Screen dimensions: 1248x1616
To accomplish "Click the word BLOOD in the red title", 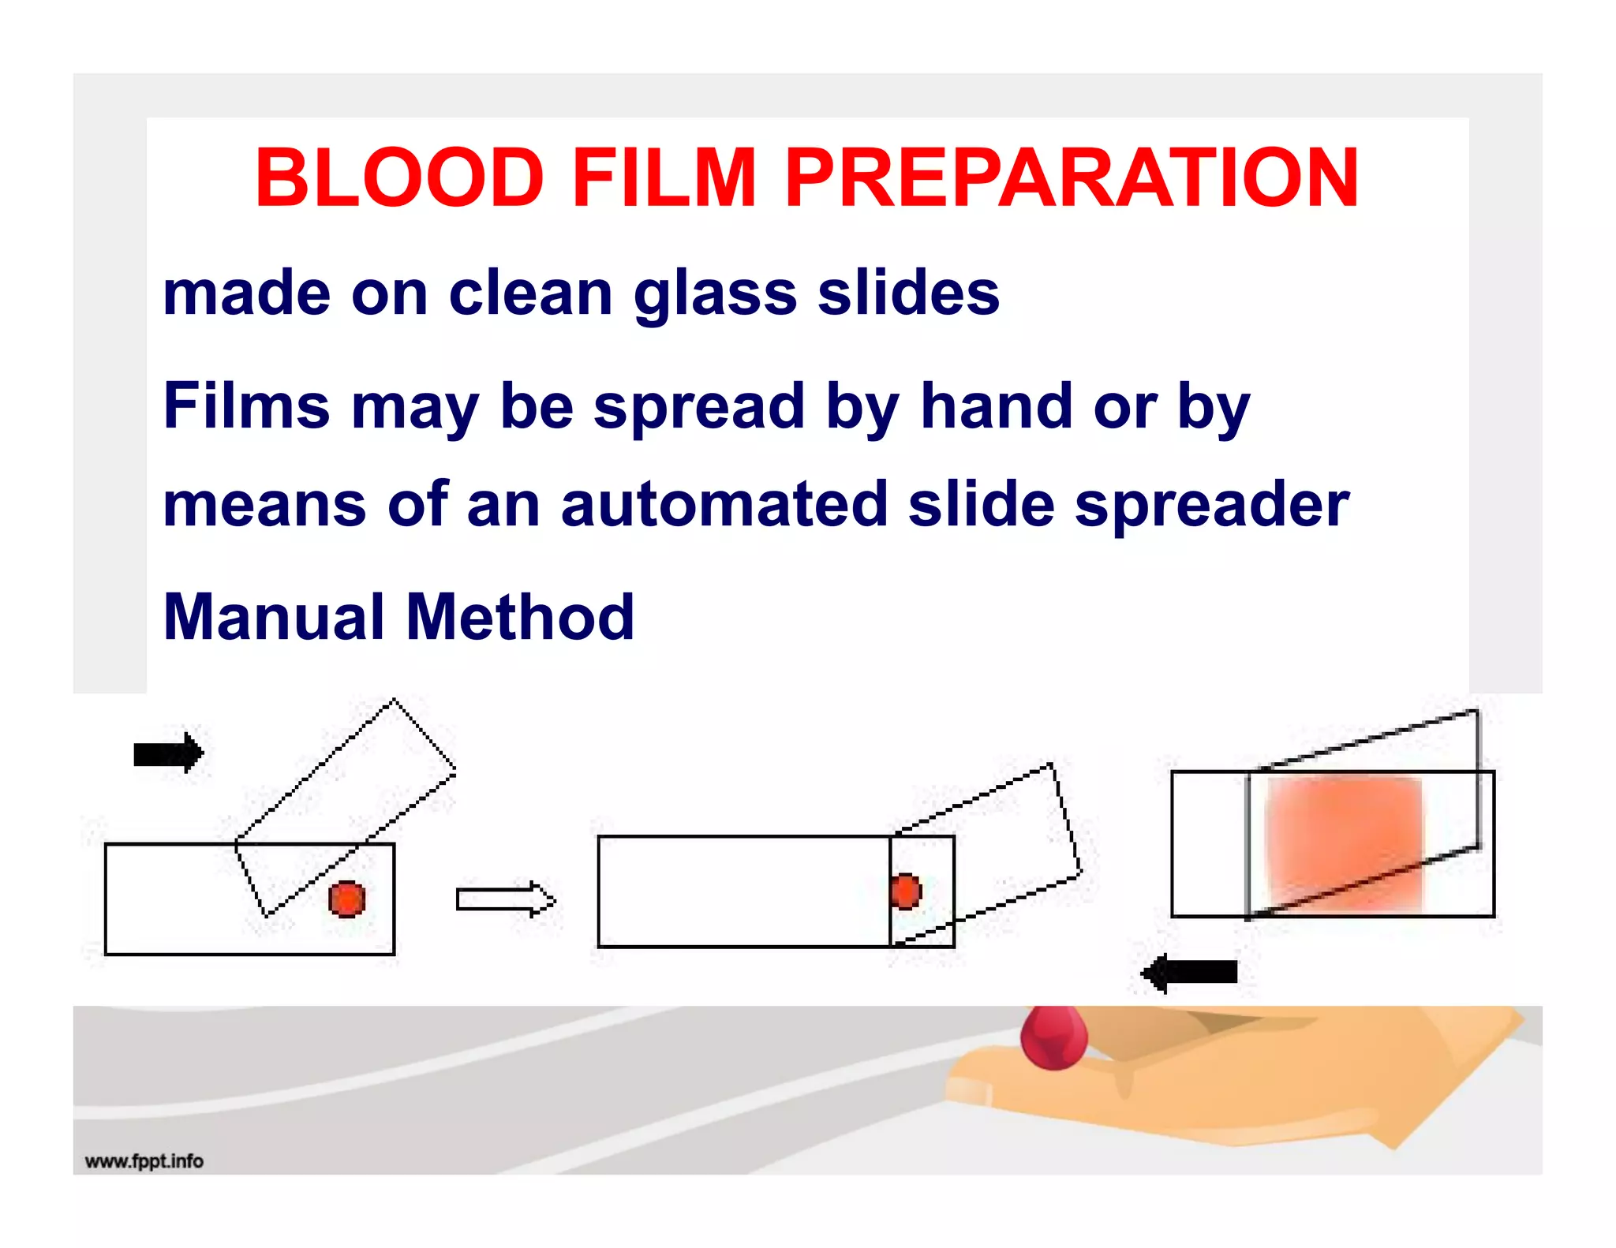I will (x=399, y=178).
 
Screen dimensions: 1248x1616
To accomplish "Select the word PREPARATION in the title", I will (x=1071, y=178).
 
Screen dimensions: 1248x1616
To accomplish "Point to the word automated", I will (x=724, y=505).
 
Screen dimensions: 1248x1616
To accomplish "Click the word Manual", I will (x=275, y=617).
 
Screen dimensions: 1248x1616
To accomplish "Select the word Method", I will (x=520, y=617).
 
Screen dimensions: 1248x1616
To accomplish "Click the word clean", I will (x=530, y=293).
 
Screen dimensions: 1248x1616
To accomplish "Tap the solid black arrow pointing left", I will (x=1190, y=972).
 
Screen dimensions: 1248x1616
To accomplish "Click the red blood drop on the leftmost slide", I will (x=347, y=899).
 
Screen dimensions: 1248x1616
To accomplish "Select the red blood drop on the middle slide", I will (x=906, y=891).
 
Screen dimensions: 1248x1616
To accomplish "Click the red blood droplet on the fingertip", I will (x=1054, y=1037).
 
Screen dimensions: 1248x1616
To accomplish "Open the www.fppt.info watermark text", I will (x=144, y=1161).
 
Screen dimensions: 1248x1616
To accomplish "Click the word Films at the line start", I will (x=246, y=407).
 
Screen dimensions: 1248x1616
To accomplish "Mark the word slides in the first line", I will (x=908, y=293).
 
